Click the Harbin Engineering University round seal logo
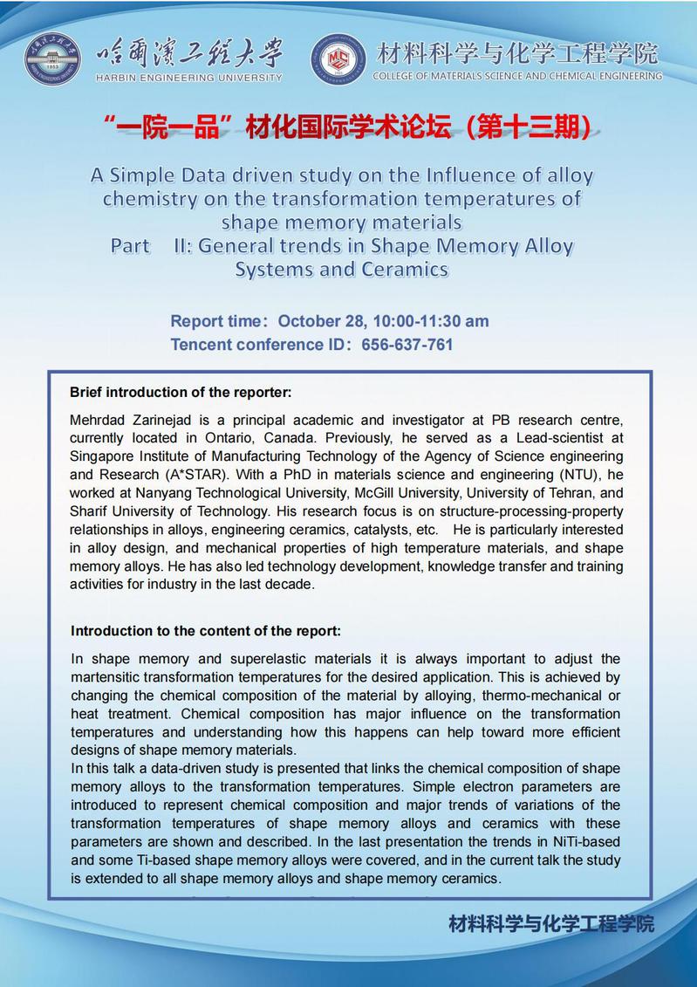pyautogui.click(x=51, y=58)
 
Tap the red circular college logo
pyautogui.click(x=338, y=58)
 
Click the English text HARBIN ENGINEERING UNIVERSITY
pyautogui.click(x=188, y=77)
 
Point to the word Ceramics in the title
pyautogui.click(x=405, y=269)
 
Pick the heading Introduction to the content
pyautogui.click(x=206, y=630)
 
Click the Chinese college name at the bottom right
pyautogui.click(x=551, y=923)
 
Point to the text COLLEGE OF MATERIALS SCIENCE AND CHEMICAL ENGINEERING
pyautogui.click(x=517, y=77)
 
